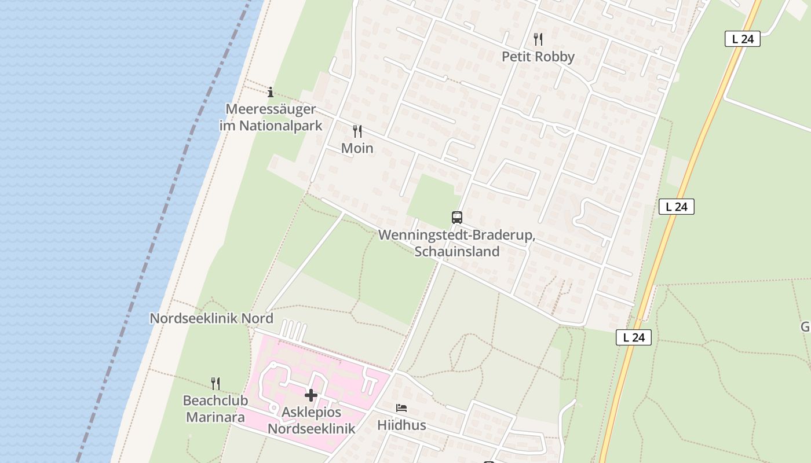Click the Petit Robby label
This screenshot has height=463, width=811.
[538, 57]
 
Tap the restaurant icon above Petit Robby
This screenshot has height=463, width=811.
[538, 39]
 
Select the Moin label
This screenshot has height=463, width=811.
[357, 148]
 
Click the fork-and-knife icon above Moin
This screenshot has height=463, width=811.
[357, 131]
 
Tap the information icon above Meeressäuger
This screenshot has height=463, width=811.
[271, 92]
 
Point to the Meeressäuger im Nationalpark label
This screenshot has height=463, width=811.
[271, 117]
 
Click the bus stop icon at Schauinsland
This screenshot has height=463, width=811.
[457, 218]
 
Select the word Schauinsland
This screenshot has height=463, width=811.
[456, 251]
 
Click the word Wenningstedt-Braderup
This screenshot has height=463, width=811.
[456, 236]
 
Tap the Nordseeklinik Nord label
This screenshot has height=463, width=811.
[211, 318]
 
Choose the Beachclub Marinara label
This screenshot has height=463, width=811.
[215, 409]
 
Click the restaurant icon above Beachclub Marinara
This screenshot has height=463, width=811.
[215, 383]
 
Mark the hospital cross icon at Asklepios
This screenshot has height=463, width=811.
[311, 395]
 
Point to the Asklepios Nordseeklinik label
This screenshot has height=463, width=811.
[311, 421]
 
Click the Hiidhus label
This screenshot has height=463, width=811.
[401, 425]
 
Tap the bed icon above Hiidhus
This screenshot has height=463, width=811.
[401, 408]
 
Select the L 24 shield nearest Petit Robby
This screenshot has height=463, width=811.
[742, 39]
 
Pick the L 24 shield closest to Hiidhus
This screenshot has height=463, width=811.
[634, 337]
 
